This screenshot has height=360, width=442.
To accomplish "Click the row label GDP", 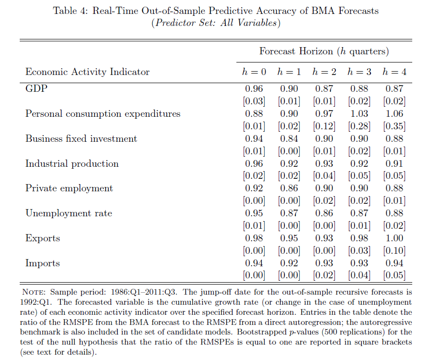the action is (x=37, y=88).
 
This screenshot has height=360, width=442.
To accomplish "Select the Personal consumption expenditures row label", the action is (x=103, y=113).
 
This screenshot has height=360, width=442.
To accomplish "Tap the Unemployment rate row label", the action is (x=69, y=213).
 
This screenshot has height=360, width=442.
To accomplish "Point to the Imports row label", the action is (x=43, y=263).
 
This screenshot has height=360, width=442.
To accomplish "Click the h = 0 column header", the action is (x=254, y=72).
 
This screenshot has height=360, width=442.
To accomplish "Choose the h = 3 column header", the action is (x=359, y=72).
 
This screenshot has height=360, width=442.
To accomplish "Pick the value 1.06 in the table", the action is (x=394, y=113).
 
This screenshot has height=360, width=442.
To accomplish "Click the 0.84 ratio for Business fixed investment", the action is (x=289, y=139).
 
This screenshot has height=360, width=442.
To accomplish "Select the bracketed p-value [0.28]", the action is (x=359, y=126).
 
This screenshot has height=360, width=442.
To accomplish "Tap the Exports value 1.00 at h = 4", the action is (x=394, y=238).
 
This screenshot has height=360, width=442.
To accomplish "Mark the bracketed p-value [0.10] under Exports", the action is (x=394, y=250).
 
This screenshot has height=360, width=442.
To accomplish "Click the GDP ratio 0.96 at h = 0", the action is (x=254, y=88).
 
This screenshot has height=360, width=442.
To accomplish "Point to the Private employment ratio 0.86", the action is (x=289, y=188).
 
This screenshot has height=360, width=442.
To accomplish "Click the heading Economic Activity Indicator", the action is (x=87, y=72).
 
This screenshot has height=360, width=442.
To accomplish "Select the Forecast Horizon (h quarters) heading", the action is (x=324, y=51).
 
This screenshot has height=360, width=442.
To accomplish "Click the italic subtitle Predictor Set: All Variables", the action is (x=216, y=23).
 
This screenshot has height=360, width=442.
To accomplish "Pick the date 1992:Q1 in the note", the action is (x=36, y=302).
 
